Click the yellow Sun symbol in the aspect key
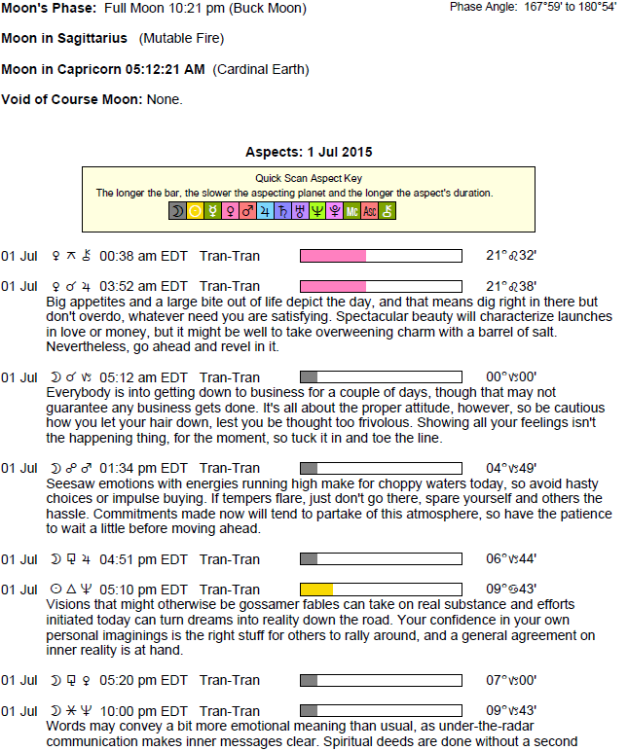195,210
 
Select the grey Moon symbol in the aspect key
177,210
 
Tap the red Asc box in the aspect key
370,210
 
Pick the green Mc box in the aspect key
352,210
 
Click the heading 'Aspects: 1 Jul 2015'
310,153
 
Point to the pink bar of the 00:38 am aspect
333,256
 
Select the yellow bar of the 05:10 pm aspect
316,590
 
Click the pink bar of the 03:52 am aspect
333,286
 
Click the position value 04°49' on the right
511,468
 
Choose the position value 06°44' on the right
511,559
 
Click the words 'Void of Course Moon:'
72,99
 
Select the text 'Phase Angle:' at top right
481,7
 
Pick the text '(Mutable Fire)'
181,39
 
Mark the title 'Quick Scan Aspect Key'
308,179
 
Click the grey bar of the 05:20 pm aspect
309,681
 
